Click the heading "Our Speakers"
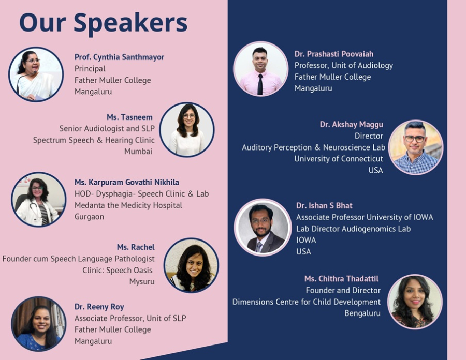103,23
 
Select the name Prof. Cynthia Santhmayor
119,57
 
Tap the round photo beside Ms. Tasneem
186,130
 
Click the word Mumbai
138,152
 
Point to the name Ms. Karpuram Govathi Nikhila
127,182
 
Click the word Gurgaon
89,217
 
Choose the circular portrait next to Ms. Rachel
192,265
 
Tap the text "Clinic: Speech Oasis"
118,271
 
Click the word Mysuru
142,282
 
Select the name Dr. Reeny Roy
99,307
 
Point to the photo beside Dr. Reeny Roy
39,324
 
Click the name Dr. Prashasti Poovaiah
334,54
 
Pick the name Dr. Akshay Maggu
351,124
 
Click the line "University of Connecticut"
339,159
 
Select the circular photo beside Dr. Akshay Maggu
415,147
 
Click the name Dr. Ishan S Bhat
324,206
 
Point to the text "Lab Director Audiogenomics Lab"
353,229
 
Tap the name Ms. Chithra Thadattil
342,279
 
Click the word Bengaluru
362,313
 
